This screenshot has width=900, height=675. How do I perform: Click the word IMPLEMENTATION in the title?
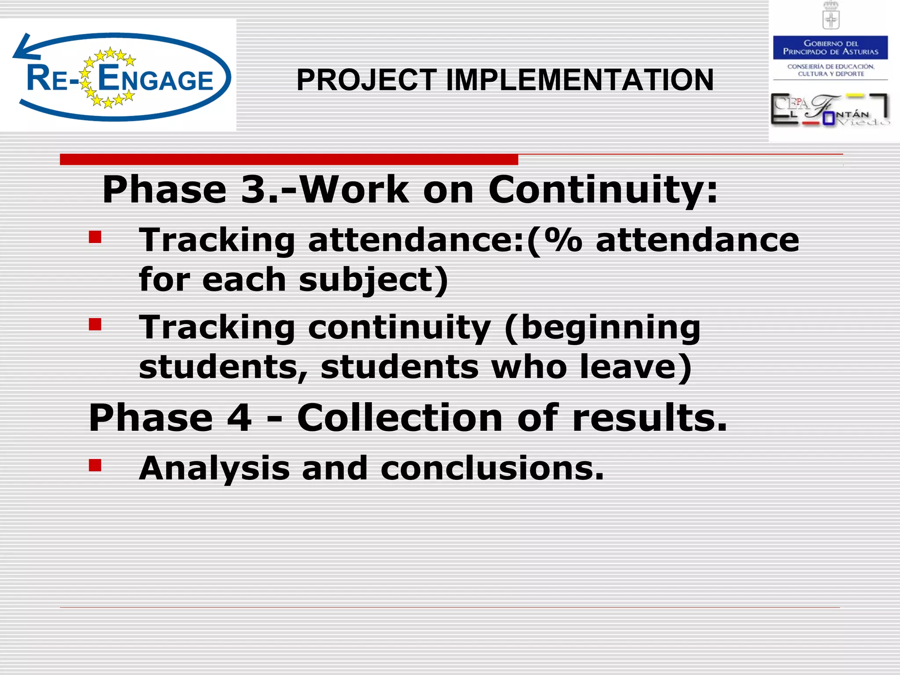580,80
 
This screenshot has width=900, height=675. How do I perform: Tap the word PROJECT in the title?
367,80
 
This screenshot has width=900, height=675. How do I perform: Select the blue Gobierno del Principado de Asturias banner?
830,47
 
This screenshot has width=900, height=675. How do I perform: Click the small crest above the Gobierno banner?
831,16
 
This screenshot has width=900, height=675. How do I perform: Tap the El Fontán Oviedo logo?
830,110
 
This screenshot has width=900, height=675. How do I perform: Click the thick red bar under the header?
289,159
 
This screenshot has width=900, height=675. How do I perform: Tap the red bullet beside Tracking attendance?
95,237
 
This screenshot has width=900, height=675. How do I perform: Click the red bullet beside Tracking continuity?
95,324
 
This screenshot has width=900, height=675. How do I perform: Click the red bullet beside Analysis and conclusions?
95,465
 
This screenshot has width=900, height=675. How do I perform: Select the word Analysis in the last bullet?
214,468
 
